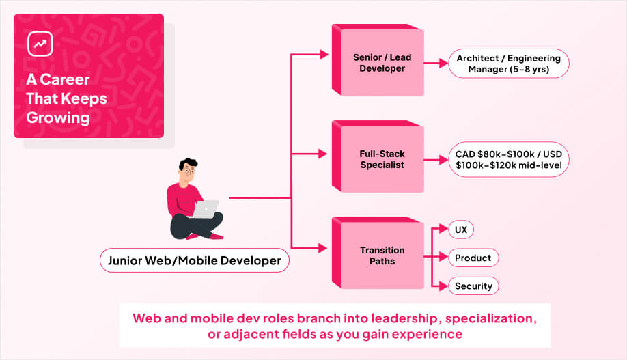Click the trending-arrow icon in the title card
point(40,43)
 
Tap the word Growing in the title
point(58,117)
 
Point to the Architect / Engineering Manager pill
point(508,64)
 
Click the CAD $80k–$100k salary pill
point(508,159)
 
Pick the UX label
point(461,230)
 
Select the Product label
point(473,258)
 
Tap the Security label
point(473,286)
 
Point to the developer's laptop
point(206,208)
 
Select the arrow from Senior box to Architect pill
point(435,64)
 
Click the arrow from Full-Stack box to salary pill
point(435,160)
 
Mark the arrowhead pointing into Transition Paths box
point(324,246)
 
